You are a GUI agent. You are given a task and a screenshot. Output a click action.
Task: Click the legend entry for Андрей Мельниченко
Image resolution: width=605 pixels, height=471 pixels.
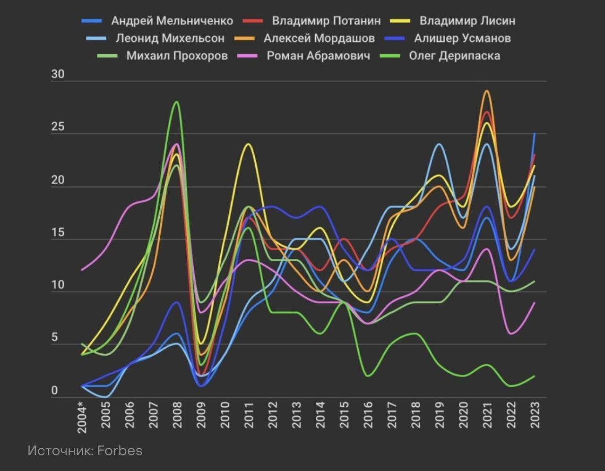[x=172, y=21]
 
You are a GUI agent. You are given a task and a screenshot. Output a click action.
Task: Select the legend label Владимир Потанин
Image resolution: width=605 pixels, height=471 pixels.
[x=326, y=21]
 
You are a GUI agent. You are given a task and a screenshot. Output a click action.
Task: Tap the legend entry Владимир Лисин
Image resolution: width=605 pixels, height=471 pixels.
[x=467, y=21]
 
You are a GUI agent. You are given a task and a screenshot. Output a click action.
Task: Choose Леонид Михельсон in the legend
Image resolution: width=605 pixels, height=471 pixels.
[x=170, y=39]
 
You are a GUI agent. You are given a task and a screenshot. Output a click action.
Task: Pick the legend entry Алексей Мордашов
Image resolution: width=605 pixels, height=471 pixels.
[x=319, y=39]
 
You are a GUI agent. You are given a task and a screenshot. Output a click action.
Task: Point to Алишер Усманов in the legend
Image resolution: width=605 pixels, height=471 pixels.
[x=462, y=39]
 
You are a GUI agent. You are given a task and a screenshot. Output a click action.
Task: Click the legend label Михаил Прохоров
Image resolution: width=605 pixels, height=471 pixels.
[x=177, y=56]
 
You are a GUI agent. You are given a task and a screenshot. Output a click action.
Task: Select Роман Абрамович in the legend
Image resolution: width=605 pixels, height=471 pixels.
[x=318, y=56]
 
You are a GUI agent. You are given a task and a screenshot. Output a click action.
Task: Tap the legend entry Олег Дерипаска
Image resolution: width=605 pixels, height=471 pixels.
[x=454, y=56]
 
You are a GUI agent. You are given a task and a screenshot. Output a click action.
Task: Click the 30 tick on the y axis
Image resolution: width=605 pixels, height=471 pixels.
[x=58, y=75]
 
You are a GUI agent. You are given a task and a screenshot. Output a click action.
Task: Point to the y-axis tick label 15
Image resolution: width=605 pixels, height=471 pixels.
[x=58, y=233]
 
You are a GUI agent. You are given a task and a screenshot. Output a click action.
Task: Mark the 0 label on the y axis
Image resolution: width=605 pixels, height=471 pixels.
[x=54, y=391]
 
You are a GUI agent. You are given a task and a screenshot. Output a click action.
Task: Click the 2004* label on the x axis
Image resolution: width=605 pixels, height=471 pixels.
[x=83, y=417]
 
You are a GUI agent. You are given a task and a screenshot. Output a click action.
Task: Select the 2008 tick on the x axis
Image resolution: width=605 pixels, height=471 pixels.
[x=177, y=415]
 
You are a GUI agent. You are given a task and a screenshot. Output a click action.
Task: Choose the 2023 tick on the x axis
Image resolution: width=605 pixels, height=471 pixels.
[x=535, y=415]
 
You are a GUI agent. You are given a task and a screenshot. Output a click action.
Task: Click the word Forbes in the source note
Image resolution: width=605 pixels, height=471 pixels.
[x=120, y=451]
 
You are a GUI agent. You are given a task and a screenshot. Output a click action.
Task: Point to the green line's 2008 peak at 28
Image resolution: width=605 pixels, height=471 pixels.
[x=176, y=102]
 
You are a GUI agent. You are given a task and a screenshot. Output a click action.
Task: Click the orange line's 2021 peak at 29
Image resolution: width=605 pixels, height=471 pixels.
[x=487, y=91]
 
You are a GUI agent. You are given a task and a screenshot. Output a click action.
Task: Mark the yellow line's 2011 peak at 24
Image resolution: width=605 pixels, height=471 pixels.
[x=248, y=144]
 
